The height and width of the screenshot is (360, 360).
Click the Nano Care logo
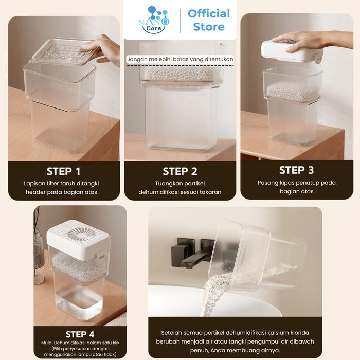(154, 20)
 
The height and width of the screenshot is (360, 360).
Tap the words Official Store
(209, 20)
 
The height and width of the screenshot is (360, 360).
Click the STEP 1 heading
(64, 171)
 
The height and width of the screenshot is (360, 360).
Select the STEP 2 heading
(180, 171)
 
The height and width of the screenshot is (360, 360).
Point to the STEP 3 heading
(296, 170)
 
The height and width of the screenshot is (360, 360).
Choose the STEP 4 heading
(80, 334)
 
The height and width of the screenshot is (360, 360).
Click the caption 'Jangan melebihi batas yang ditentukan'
(180, 59)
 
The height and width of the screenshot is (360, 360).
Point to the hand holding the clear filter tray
(101, 49)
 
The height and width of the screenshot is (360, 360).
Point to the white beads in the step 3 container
(292, 92)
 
